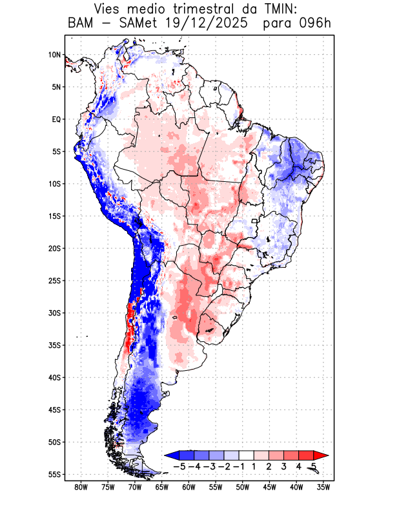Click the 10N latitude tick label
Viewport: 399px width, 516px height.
[54, 55]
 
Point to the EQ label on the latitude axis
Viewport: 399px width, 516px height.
[56, 119]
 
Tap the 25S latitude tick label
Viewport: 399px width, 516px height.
[54, 281]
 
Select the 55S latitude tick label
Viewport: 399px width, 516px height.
[54, 474]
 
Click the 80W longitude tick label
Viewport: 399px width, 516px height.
[81, 488]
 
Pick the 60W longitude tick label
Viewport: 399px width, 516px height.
[189, 488]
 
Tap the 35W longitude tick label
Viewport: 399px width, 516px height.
[323, 488]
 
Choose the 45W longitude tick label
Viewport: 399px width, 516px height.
[269, 488]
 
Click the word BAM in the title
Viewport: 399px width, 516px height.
[81, 24]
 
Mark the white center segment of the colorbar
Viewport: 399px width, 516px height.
[247, 455]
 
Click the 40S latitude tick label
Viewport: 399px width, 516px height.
[54, 377]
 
